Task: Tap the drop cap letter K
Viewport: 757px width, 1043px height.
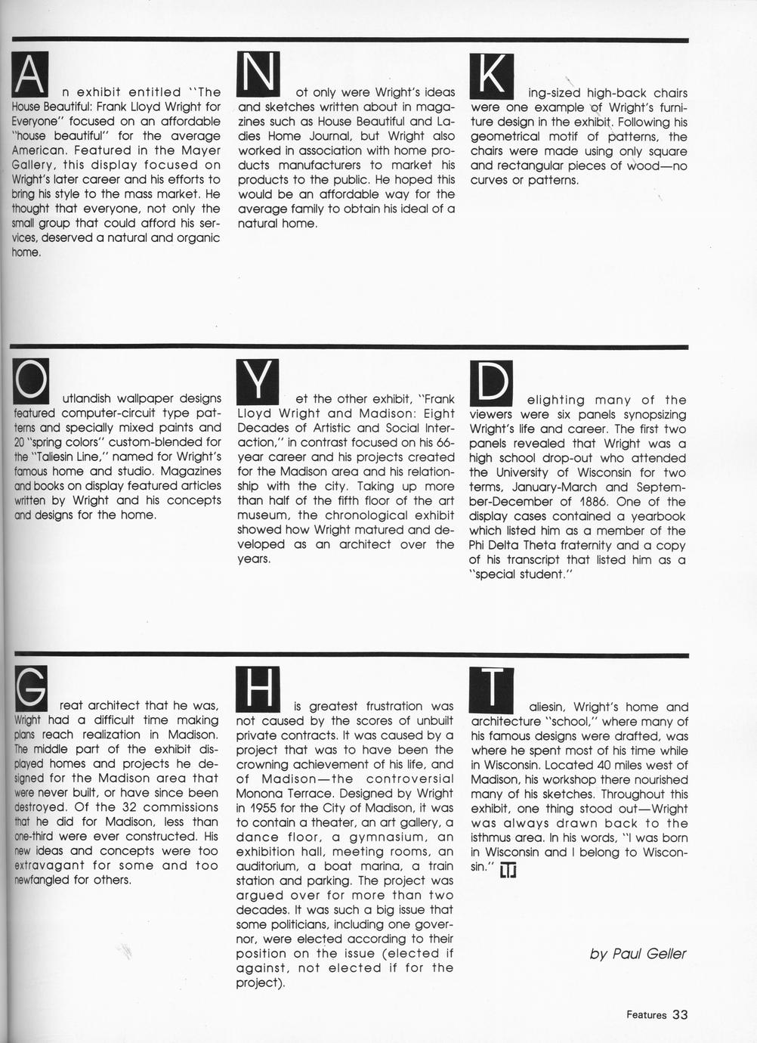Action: [x=491, y=76]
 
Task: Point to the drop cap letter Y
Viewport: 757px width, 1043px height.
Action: [x=258, y=381]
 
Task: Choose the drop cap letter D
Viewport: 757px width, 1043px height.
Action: [x=491, y=382]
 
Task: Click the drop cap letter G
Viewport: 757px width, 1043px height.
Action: [x=32, y=687]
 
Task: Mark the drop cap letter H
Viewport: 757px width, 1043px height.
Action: [x=258, y=688]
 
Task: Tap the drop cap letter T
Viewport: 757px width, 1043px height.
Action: [x=491, y=688]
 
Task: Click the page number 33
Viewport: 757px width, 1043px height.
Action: [x=679, y=1015]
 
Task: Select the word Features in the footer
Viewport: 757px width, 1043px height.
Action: [x=646, y=1016]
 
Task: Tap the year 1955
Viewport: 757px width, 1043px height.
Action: [x=267, y=808]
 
